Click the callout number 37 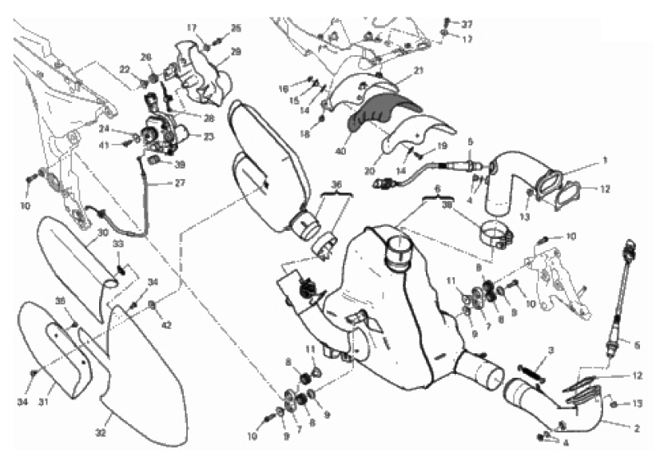point(467,23)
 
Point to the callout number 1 point(605,160)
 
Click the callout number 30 point(102,233)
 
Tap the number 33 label point(117,244)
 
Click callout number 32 point(101,432)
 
